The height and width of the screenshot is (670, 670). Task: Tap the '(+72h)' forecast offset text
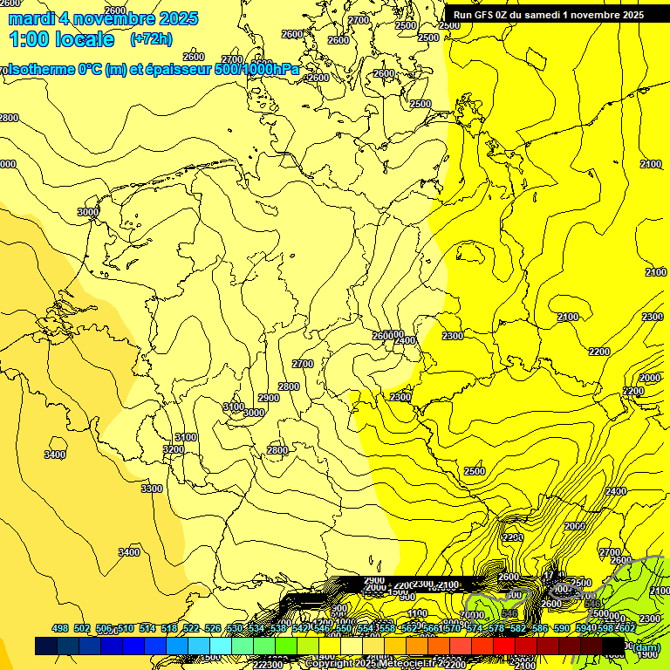[151, 39]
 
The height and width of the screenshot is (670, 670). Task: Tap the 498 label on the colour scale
[59, 628]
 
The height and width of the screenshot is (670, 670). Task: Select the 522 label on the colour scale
[190, 628]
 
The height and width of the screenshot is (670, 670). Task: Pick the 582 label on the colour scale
[518, 628]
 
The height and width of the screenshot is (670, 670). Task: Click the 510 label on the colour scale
[125, 628]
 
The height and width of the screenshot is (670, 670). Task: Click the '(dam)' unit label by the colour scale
[646, 646]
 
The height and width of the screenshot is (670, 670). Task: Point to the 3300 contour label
[152, 489]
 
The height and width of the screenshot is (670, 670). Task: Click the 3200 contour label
[174, 449]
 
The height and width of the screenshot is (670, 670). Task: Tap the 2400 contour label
[615, 491]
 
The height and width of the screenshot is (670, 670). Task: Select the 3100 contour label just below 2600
[185, 437]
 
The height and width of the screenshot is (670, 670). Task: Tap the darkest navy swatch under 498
[46, 646]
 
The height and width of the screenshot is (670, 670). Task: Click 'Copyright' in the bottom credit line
[329, 664]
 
